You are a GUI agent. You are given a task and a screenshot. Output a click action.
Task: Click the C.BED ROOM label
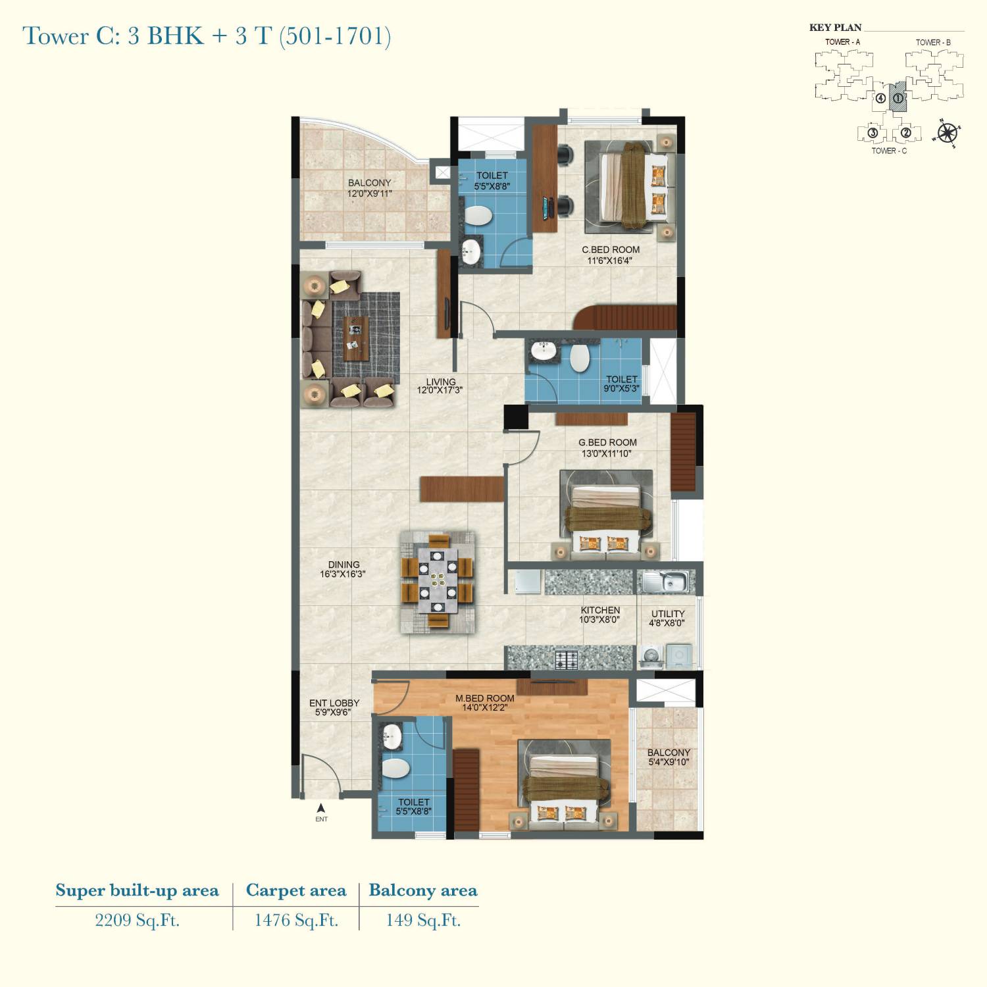click(x=611, y=250)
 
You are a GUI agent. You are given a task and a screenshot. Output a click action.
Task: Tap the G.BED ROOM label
click(x=607, y=443)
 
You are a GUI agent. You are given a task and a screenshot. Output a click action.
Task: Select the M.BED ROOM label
click(x=485, y=699)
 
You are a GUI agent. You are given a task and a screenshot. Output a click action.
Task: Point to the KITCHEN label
click(x=600, y=611)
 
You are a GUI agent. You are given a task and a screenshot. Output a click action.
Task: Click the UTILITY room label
click(x=668, y=614)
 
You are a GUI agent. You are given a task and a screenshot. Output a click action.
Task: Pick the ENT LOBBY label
click(x=334, y=703)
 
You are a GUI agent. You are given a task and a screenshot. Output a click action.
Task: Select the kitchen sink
click(x=666, y=582)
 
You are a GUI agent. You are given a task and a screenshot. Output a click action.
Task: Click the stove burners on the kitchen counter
click(x=567, y=659)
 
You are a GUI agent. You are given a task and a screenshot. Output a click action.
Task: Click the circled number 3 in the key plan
click(x=873, y=134)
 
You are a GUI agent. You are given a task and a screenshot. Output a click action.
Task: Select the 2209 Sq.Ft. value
click(x=137, y=920)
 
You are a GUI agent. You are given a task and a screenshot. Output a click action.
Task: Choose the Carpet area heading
click(x=296, y=890)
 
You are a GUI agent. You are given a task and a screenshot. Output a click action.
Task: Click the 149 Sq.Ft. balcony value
click(x=423, y=920)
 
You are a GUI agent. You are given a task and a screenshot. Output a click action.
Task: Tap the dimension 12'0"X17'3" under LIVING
click(x=440, y=390)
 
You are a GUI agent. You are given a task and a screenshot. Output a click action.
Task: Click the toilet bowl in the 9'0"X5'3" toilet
click(x=580, y=358)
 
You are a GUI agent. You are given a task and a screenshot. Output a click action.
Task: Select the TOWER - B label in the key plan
click(x=933, y=42)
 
